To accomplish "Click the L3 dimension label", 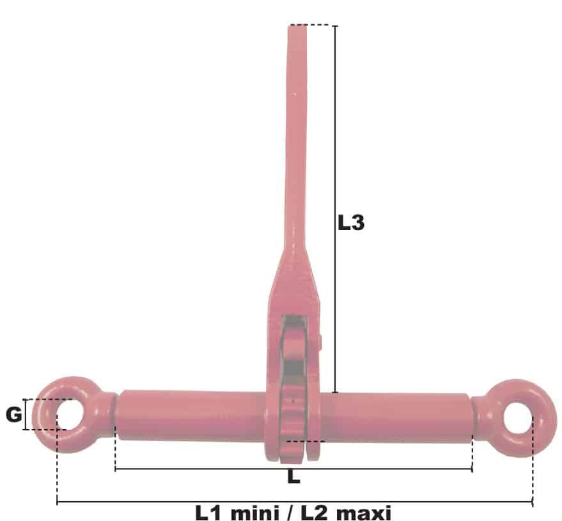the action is (x=351, y=223).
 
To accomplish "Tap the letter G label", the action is (x=14, y=415).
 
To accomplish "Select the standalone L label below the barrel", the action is (x=293, y=477).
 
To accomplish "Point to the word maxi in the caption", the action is (x=364, y=513).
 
